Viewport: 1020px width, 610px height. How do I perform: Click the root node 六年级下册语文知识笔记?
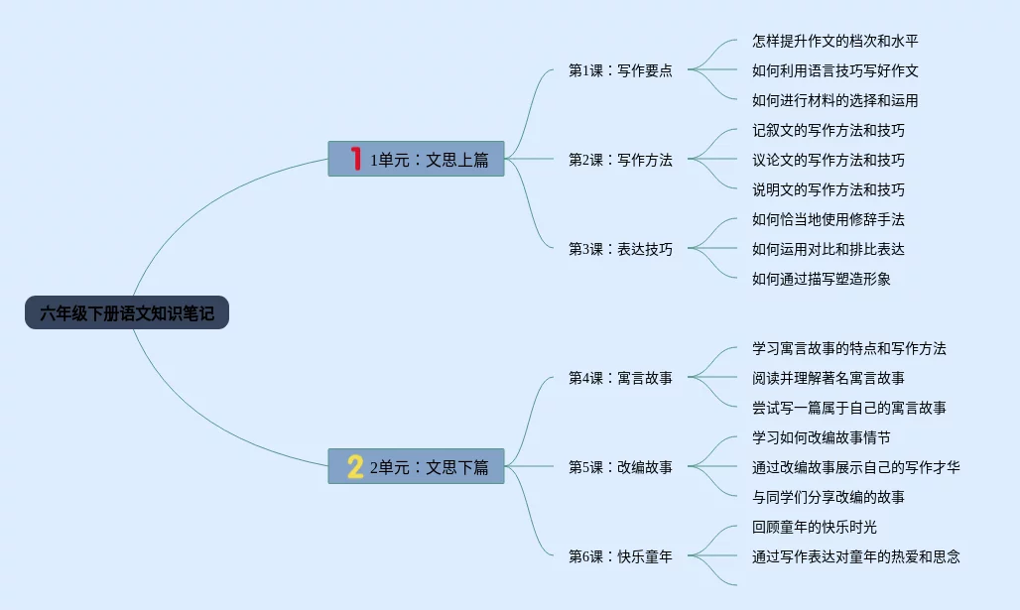click(x=127, y=313)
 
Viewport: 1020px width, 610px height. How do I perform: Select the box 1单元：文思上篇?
click(x=416, y=159)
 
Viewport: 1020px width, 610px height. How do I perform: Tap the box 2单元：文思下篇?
click(x=416, y=466)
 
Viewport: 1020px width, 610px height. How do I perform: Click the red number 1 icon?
click(x=355, y=159)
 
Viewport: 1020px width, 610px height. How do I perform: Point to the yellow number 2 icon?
click(x=355, y=466)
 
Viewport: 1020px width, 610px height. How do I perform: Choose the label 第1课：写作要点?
click(x=620, y=70)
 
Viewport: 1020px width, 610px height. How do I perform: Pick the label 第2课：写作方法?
click(x=620, y=160)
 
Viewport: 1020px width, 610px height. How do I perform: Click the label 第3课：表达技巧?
click(x=620, y=249)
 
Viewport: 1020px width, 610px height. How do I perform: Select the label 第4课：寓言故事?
click(x=620, y=378)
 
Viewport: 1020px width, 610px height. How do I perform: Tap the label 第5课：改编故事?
click(x=620, y=467)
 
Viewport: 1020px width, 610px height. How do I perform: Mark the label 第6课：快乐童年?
click(x=620, y=556)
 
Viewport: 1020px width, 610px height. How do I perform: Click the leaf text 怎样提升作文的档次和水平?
click(x=842, y=41)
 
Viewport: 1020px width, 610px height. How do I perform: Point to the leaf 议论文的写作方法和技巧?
click(x=829, y=160)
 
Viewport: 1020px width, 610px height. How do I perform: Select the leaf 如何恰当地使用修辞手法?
click(x=829, y=219)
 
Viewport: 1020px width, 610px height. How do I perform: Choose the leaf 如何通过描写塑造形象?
click(x=822, y=279)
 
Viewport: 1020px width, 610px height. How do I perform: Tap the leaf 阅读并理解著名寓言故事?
click(x=829, y=378)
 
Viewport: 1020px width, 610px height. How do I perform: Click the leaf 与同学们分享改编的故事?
click(x=829, y=497)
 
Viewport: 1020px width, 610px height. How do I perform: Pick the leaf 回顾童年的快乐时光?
click(x=815, y=527)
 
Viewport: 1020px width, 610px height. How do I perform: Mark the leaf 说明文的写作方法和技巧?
click(x=829, y=189)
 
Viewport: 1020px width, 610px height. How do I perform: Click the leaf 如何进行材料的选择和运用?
click(x=835, y=100)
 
